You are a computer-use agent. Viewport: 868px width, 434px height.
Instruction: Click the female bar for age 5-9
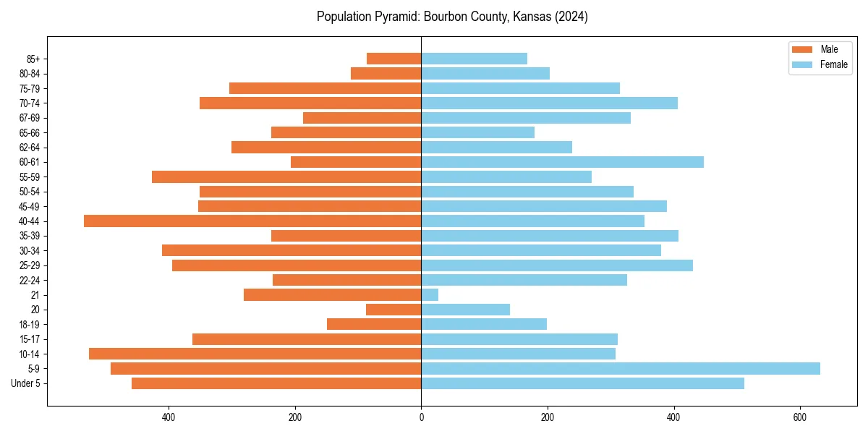(621, 368)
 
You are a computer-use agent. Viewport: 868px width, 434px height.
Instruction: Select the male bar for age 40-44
(252, 221)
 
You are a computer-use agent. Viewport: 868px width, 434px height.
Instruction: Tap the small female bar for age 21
(430, 294)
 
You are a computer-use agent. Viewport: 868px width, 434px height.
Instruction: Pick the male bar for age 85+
(394, 59)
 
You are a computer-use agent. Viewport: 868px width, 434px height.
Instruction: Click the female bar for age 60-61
(562, 162)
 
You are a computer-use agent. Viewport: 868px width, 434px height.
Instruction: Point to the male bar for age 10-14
(255, 354)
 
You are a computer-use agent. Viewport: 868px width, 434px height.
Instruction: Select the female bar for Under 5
(582, 383)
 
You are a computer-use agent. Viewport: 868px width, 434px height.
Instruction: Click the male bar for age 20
(393, 310)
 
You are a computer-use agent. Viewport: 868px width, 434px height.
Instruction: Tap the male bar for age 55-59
(286, 176)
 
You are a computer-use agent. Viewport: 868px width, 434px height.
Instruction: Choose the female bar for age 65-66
(477, 132)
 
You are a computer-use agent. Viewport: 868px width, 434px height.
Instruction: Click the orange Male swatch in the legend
(803, 49)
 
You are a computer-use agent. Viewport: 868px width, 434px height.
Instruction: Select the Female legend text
(833, 64)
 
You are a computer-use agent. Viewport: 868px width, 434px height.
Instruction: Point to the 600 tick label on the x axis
(799, 417)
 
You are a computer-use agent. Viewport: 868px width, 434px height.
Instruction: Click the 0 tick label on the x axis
(421, 417)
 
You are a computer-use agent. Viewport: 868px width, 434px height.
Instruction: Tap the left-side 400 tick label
(169, 417)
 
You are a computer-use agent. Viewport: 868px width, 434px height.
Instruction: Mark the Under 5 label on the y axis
(26, 383)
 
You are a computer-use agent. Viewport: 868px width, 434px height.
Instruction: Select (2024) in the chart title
(569, 17)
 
